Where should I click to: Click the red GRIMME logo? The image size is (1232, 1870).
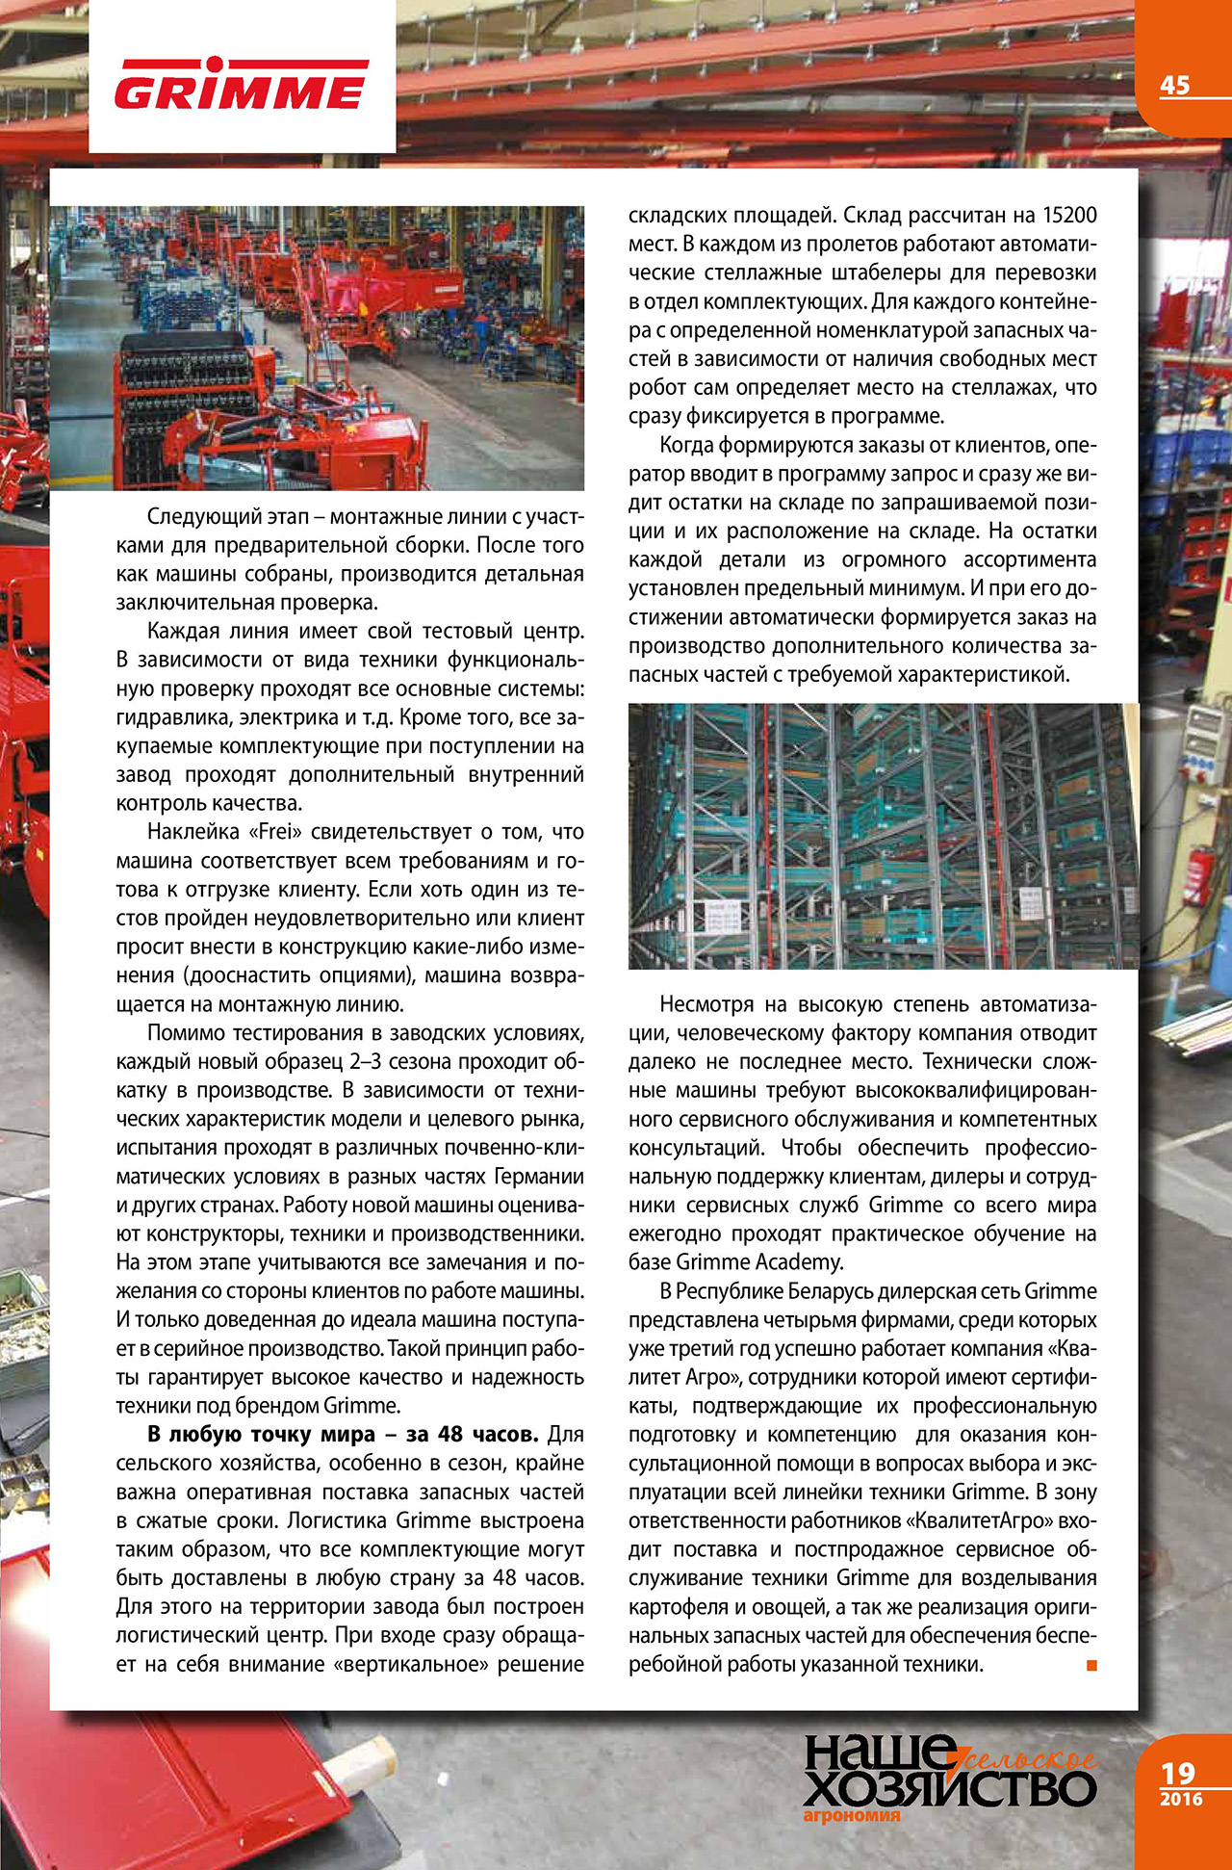[x=241, y=86]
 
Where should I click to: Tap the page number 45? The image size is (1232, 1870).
[x=1174, y=85]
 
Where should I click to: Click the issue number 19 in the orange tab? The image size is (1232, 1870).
[x=1178, y=1773]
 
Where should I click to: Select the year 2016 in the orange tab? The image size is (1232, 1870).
[x=1180, y=1799]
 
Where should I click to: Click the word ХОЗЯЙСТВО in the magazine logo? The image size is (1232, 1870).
[x=949, y=1788]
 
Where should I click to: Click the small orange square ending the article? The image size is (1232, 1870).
[x=1091, y=1665]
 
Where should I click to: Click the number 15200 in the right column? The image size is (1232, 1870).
[x=1069, y=216]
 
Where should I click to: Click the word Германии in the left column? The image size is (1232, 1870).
[x=538, y=1177]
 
